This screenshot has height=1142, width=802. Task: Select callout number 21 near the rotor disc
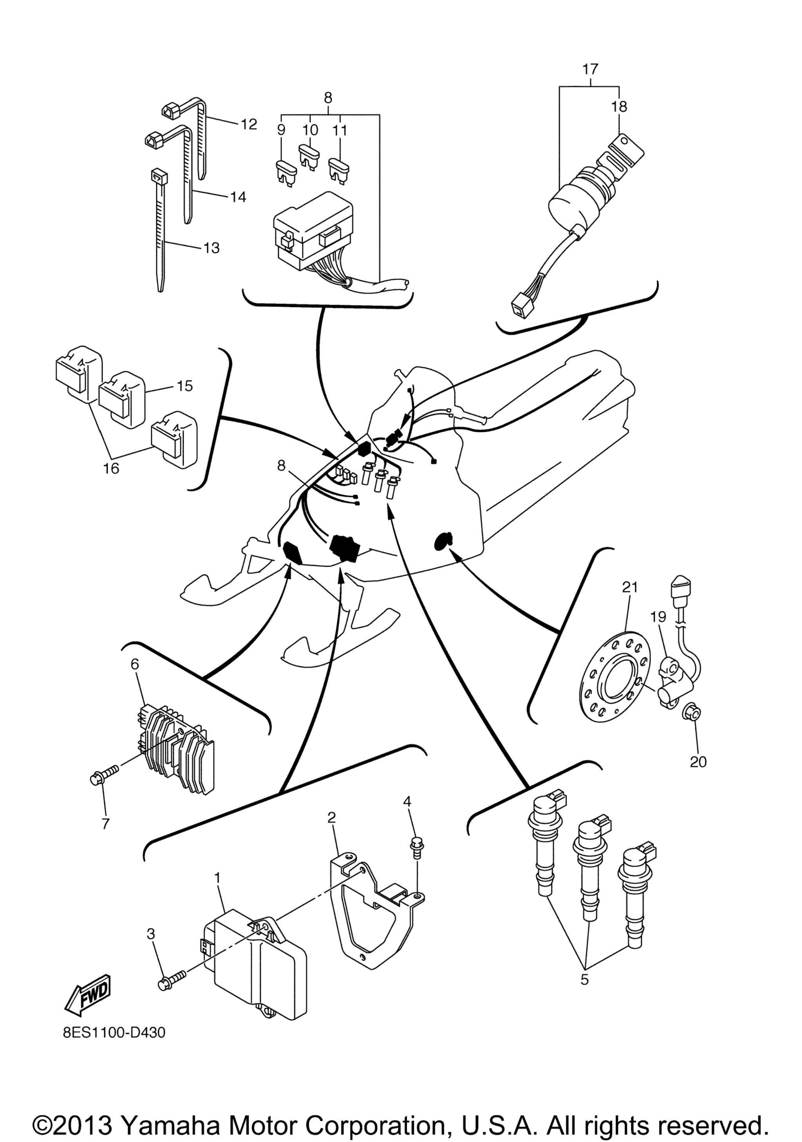[629, 587]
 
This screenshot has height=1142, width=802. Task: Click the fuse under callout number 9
[286, 173]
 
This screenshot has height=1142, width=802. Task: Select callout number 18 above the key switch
[620, 107]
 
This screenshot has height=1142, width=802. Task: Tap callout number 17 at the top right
[590, 69]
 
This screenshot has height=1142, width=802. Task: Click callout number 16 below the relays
[111, 468]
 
